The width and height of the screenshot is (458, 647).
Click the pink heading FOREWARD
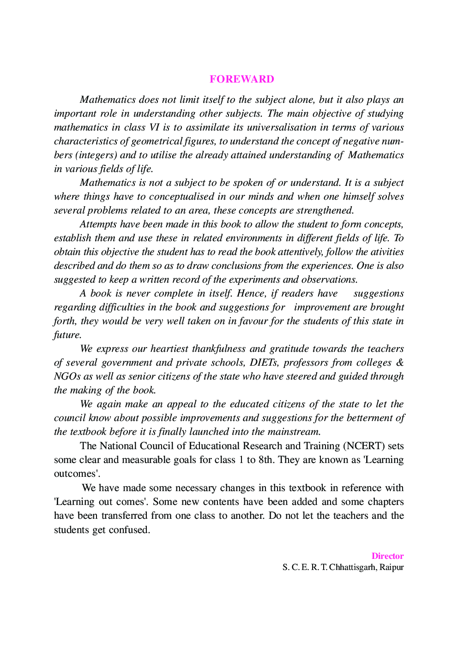point(241,79)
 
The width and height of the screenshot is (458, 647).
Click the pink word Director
point(387,556)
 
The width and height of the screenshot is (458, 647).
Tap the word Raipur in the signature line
point(392,567)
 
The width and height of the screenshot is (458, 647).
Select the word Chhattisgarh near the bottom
point(352,567)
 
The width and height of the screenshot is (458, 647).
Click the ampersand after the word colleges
point(400,363)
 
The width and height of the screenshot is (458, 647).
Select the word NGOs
point(67,377)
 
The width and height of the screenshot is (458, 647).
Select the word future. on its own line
point(67,335)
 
